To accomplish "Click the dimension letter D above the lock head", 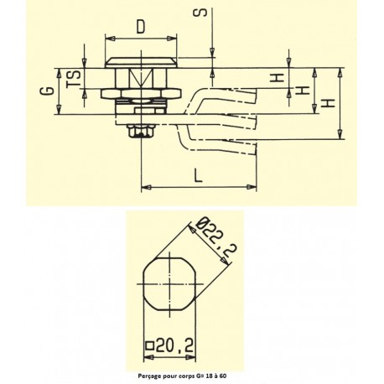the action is tap(141, 27).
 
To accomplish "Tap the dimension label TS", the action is tap(74, 79).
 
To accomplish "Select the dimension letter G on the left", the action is tap(48, 91).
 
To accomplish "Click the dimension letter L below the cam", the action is tap(198, 175).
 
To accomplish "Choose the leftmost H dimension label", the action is tap(277, 78).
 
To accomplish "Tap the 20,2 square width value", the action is tap(174, 346).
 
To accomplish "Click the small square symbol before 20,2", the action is tap(149, 346).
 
